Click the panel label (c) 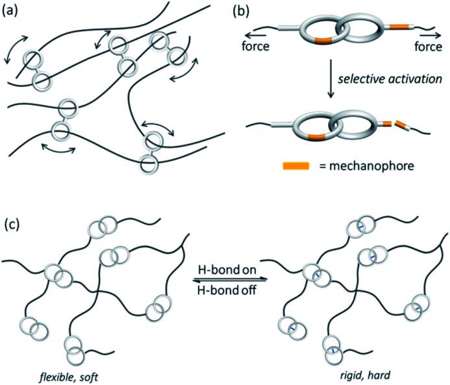coord(12,224)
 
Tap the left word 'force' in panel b coord(256,46)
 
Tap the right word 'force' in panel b coord(429,46)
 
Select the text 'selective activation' coord(390,79)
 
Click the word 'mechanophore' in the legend coord(371,166)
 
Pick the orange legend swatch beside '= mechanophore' coord(296,166)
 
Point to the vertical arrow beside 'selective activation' coord(331,79)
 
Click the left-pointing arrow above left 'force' coord(256,36)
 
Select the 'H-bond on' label coord(227,270)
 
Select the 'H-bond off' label coord(227,290)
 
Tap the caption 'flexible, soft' coord(69,377)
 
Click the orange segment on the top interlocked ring coord(323,41)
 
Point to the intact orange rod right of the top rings coord(400,27)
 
